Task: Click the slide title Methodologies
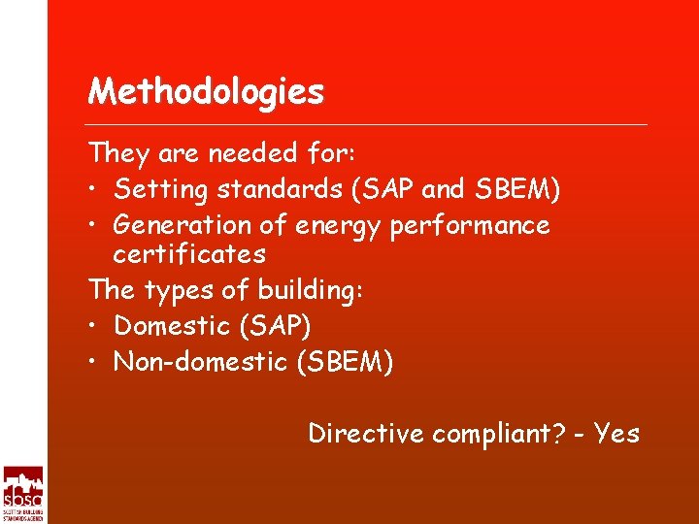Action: coord(206,92)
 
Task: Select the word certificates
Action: coord(189,255)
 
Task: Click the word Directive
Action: coord(366,433)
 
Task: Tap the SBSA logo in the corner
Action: coord(22,494)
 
